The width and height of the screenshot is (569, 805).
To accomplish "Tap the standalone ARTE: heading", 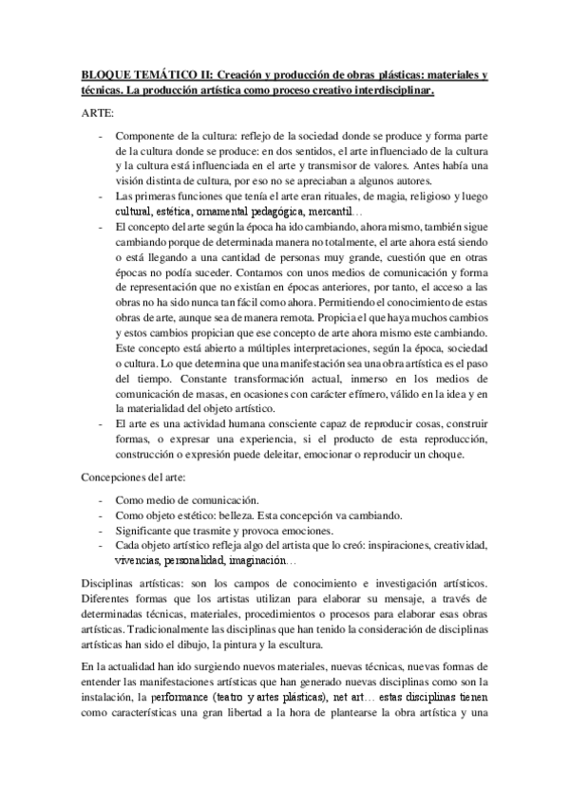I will click(x=96, y=113).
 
